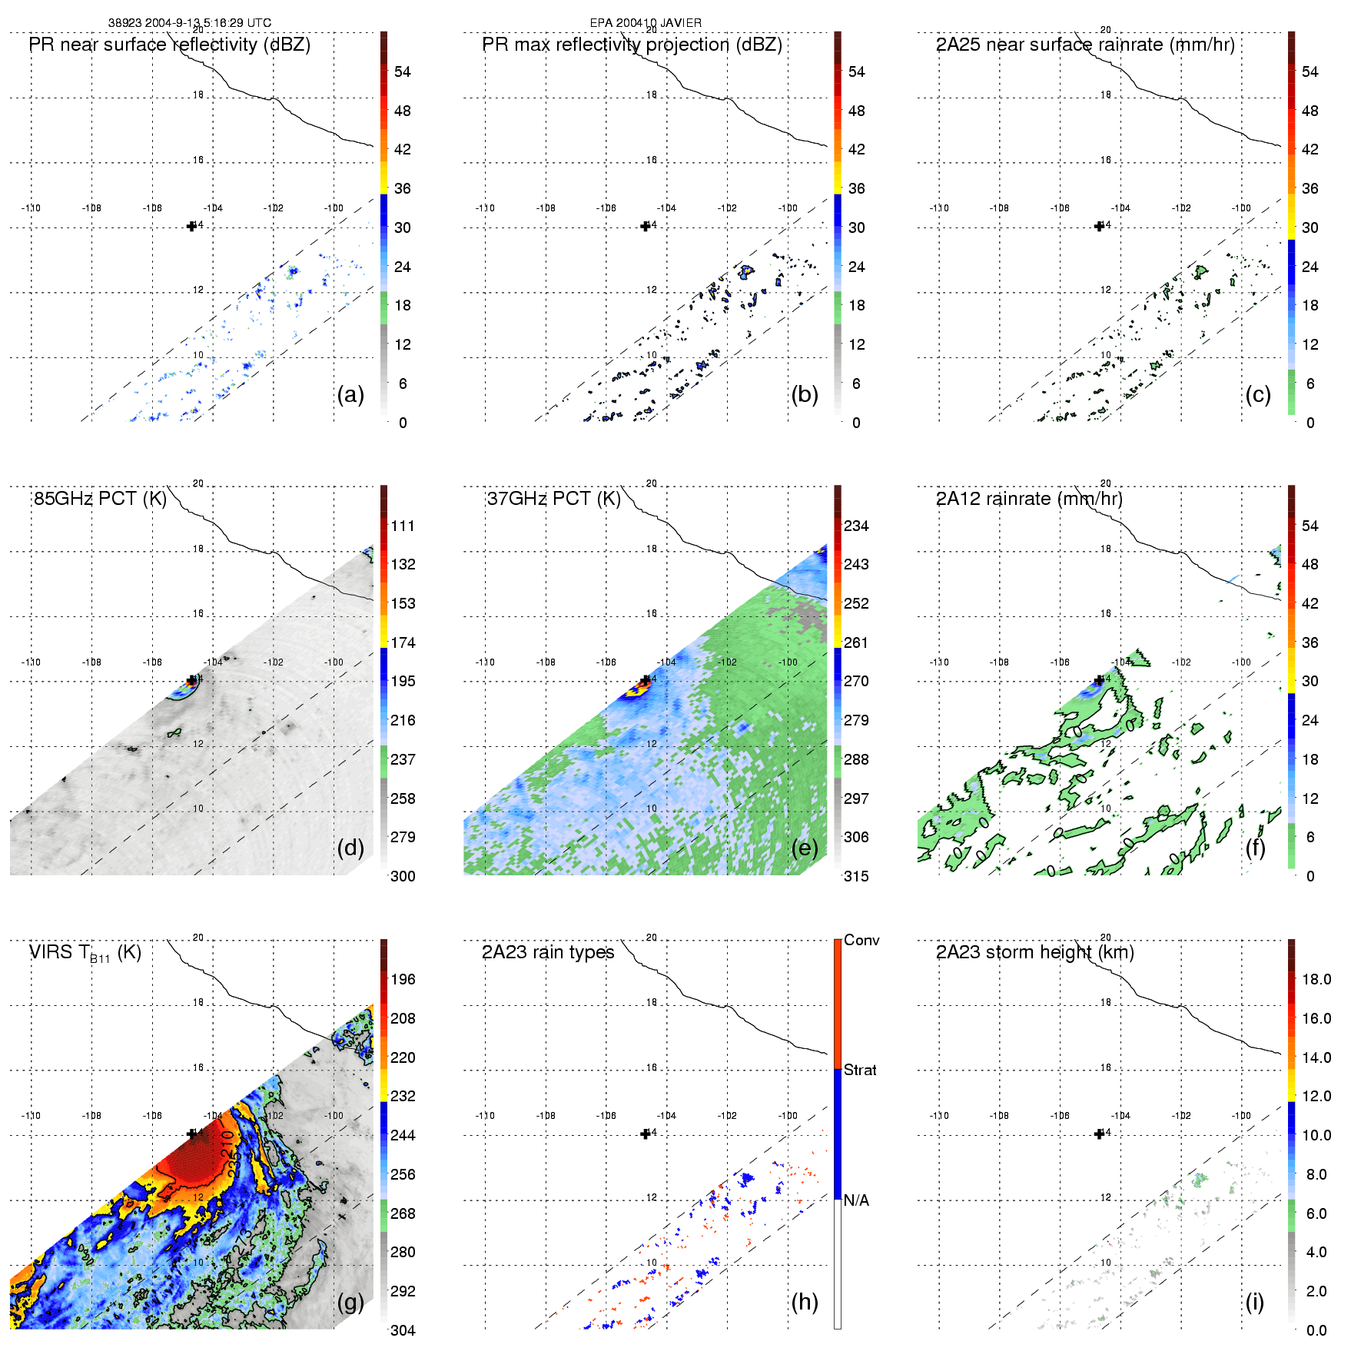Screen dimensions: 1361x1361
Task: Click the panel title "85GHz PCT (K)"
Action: [100, 499]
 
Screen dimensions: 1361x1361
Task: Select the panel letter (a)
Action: [350, 394]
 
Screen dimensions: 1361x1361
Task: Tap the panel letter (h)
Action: [804, 1301]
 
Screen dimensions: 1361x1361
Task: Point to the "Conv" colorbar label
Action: [861, 940]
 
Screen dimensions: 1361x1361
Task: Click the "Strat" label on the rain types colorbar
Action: [860, 1070]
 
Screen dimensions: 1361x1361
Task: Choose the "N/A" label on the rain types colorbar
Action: [856, 1200]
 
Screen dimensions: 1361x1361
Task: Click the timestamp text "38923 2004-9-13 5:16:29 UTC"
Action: [190, 23]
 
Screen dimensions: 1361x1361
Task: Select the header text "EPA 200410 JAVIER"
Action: [646, 23]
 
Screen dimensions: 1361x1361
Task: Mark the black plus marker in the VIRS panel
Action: [191, 1134]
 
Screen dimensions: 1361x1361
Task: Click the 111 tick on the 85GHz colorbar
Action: [403, 526]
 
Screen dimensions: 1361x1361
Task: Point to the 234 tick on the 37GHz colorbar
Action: [856, 526]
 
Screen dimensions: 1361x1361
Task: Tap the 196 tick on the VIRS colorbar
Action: [403, 979]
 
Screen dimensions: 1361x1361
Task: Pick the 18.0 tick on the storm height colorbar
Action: [1316, 979]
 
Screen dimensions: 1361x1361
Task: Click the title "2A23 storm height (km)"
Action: [1034, 952]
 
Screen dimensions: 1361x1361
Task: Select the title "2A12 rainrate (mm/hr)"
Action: [1029, 499]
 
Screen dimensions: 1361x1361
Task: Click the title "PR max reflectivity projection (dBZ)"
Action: [632, 45]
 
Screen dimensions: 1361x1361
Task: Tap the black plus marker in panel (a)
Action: [191, 226]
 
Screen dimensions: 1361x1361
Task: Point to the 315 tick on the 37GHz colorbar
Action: [856, 876]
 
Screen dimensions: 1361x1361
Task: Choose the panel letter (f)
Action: [1257, 848]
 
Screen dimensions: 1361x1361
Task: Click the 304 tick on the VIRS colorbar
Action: [403, 1330]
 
